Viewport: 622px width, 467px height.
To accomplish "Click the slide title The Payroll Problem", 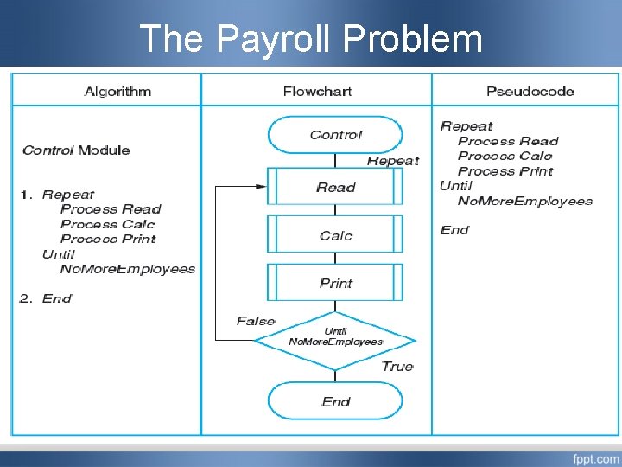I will pos(311,38).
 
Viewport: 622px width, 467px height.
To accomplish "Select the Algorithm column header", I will pos(117,91).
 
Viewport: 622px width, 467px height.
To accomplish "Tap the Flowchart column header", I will pos(317,91).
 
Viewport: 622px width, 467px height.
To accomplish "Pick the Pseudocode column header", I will pos(530,91).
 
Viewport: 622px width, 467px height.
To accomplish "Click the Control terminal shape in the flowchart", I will pos(335,135).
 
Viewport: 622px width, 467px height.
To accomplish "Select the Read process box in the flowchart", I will pos(335,187).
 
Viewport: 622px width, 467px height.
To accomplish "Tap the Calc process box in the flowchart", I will pos(335,235).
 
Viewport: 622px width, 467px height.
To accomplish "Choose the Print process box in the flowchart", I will pos(335,283).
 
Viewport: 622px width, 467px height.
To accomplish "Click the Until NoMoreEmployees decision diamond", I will pos(335,336).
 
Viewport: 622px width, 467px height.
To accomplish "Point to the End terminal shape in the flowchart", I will pos(335,401).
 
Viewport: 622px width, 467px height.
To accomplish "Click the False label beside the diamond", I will pos(255,321).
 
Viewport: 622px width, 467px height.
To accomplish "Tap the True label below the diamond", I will pos(397,366).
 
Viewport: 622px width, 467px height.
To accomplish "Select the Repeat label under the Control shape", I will pos(392,161).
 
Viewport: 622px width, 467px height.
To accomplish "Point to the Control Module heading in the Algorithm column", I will pos(76,150).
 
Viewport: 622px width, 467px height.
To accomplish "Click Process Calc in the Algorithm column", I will pos(108,224).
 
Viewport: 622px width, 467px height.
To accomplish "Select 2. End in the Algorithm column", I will pos(46,298).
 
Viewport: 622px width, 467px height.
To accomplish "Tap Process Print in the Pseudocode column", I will pos(505,171).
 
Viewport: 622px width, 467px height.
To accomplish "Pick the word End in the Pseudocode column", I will pos(454,230).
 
